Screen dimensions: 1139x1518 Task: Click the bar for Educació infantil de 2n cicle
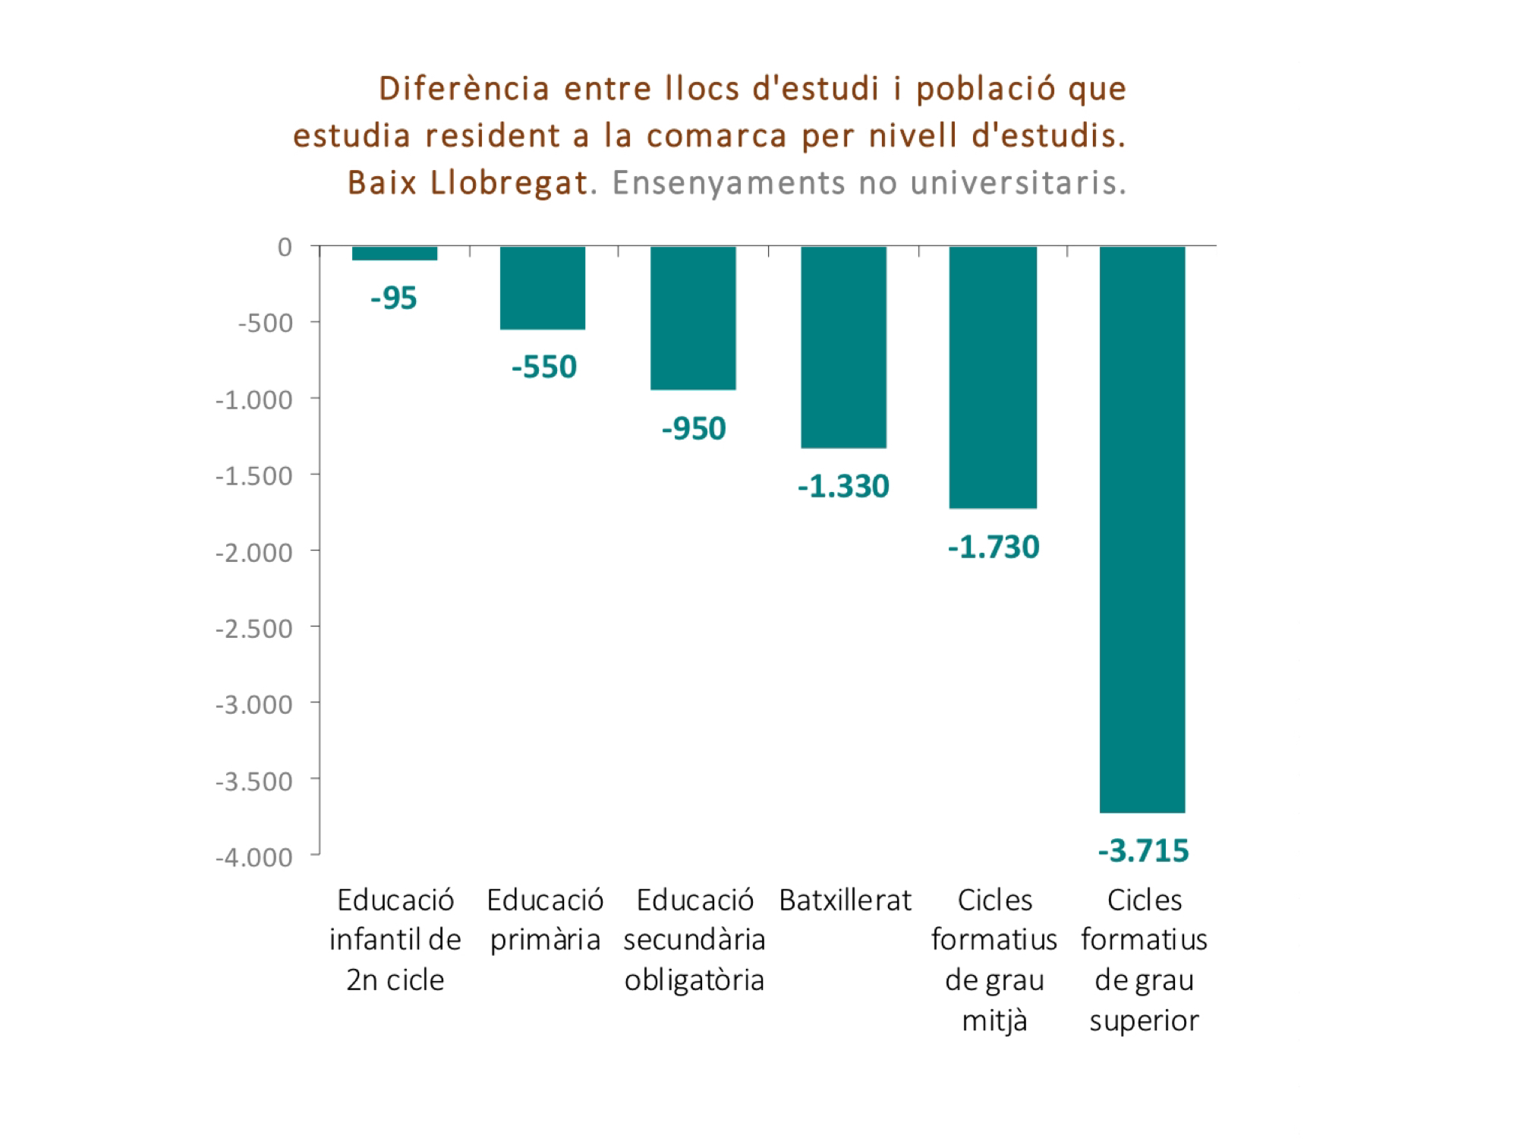[395, 254]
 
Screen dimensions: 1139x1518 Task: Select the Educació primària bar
[543, 288]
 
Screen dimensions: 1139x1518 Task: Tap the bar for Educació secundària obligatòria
[693, 318]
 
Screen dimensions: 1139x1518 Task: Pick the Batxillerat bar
[843, 347]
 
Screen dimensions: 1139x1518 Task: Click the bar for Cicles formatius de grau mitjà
[993, 377]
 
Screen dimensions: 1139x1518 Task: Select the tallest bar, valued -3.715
[1142, 529]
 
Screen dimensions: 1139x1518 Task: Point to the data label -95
[394, 298]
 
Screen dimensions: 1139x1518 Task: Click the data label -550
[544, 368]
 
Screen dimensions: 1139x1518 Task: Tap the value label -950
[694, 429]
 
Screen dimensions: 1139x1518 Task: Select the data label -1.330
[843, 487]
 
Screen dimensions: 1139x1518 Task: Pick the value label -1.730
[994, 547]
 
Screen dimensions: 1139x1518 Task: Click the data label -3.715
[1143, 851]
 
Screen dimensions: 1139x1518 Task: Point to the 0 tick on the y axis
[285, 247]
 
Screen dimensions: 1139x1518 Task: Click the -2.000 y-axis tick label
[254, 553]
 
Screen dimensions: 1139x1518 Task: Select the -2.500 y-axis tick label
[254, 629]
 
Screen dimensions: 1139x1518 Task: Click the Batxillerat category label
[845, 901]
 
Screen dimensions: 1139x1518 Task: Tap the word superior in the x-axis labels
[1144, 1021]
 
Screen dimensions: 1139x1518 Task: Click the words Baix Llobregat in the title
[468, 183]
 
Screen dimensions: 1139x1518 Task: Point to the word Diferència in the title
[464, 89]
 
